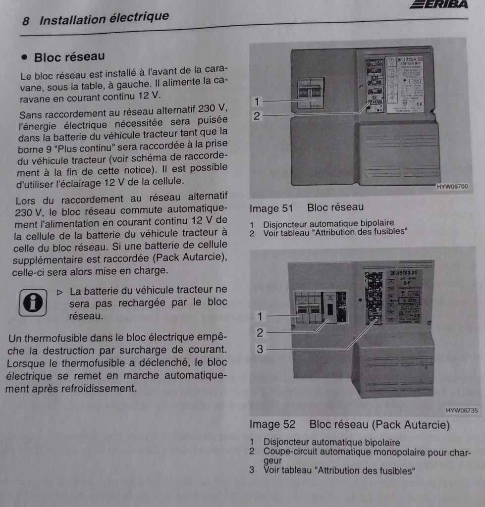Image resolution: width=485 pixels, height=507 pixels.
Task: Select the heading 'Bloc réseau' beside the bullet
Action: point(69,57)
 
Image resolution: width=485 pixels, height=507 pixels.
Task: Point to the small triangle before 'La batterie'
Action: point(60,292)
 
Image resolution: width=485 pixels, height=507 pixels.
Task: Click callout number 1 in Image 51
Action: point(256,101)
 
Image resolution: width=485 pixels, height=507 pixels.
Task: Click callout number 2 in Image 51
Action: point(256,116)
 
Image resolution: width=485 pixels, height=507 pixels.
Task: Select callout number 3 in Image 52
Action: point(260,349)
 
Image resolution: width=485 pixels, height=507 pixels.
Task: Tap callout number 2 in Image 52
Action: point(260,332)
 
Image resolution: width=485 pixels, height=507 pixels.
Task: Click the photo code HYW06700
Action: point(451,187)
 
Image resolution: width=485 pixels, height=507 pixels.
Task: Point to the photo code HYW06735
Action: point(462,410)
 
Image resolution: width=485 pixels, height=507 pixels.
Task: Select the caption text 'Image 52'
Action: point(272,424)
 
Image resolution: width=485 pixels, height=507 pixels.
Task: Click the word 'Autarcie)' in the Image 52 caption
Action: point(429,424)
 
